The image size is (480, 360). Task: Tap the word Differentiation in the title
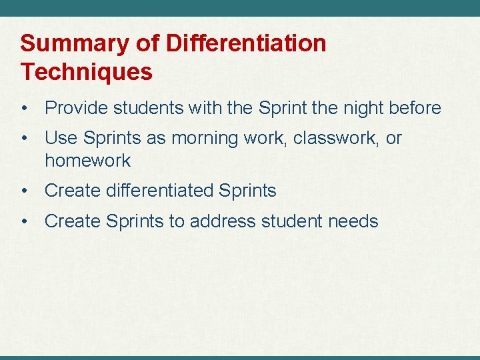pyautogui.click(x=246, y=44)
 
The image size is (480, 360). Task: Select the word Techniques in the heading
pyautogui.click(x=87, y=71)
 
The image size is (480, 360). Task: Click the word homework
pyautogui.click(x=87, y=161)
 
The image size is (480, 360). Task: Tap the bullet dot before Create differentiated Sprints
pyautogui.click(x=24, y=191)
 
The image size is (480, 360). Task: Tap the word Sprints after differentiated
pyautogui.click(x=247, y=191)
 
